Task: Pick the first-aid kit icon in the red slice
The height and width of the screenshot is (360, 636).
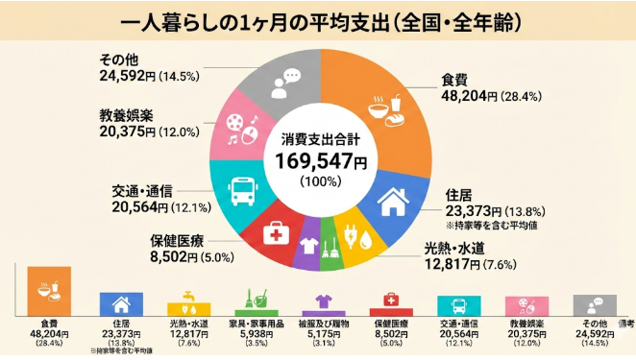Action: (x=275, y=233)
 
